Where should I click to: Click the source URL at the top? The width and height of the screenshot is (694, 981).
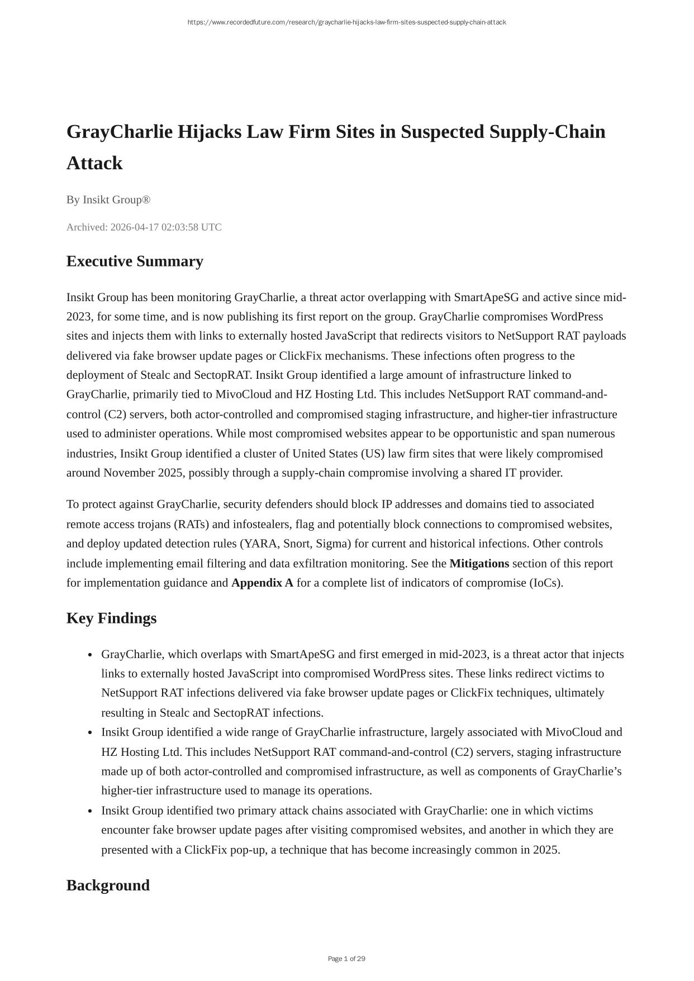(346, 22)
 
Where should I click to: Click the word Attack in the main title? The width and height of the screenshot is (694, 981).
(94, 163)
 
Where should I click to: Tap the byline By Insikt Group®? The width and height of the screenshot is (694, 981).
(108, 200)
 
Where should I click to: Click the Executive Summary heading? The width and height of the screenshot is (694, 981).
(135, 261)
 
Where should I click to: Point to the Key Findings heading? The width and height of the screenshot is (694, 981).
(111, 618)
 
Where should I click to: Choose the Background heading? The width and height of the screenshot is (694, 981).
(108, 885)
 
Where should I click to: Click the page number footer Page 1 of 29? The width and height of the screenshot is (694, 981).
(346, 959)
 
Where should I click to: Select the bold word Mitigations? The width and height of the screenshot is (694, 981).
(479, 564)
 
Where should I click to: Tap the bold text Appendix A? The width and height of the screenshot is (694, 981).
(262, 583)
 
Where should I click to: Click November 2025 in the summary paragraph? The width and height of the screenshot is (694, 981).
(143, 473)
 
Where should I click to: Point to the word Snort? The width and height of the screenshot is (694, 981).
(297, 544)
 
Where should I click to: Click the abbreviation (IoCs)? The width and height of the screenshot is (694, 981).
(546, 583)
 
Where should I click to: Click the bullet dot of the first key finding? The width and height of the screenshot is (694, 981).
(89, 655)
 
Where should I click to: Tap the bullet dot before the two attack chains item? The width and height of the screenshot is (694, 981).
(89, 811)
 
